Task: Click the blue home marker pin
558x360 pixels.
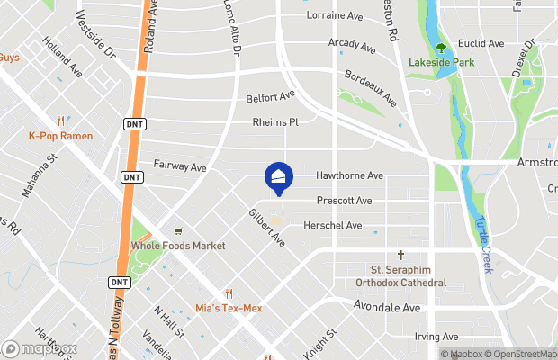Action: [x=279, y=176]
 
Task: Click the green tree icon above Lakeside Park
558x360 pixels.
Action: [x=441, y=49]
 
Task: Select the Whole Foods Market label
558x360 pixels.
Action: [x=178, y=246]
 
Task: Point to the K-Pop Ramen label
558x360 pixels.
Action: [x=60, y=136]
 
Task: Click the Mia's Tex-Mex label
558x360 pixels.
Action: [x=229, y=308]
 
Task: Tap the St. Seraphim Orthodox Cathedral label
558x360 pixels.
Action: [x=408, y=275]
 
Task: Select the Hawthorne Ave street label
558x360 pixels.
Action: [x=350, y=175]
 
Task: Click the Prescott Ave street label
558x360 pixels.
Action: [x=344, y=201]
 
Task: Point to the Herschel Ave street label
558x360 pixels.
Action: [x=332, y=225]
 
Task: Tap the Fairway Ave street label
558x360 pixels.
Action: [x=180, y=166]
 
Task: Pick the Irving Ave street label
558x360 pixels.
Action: [x=437, y=337]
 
